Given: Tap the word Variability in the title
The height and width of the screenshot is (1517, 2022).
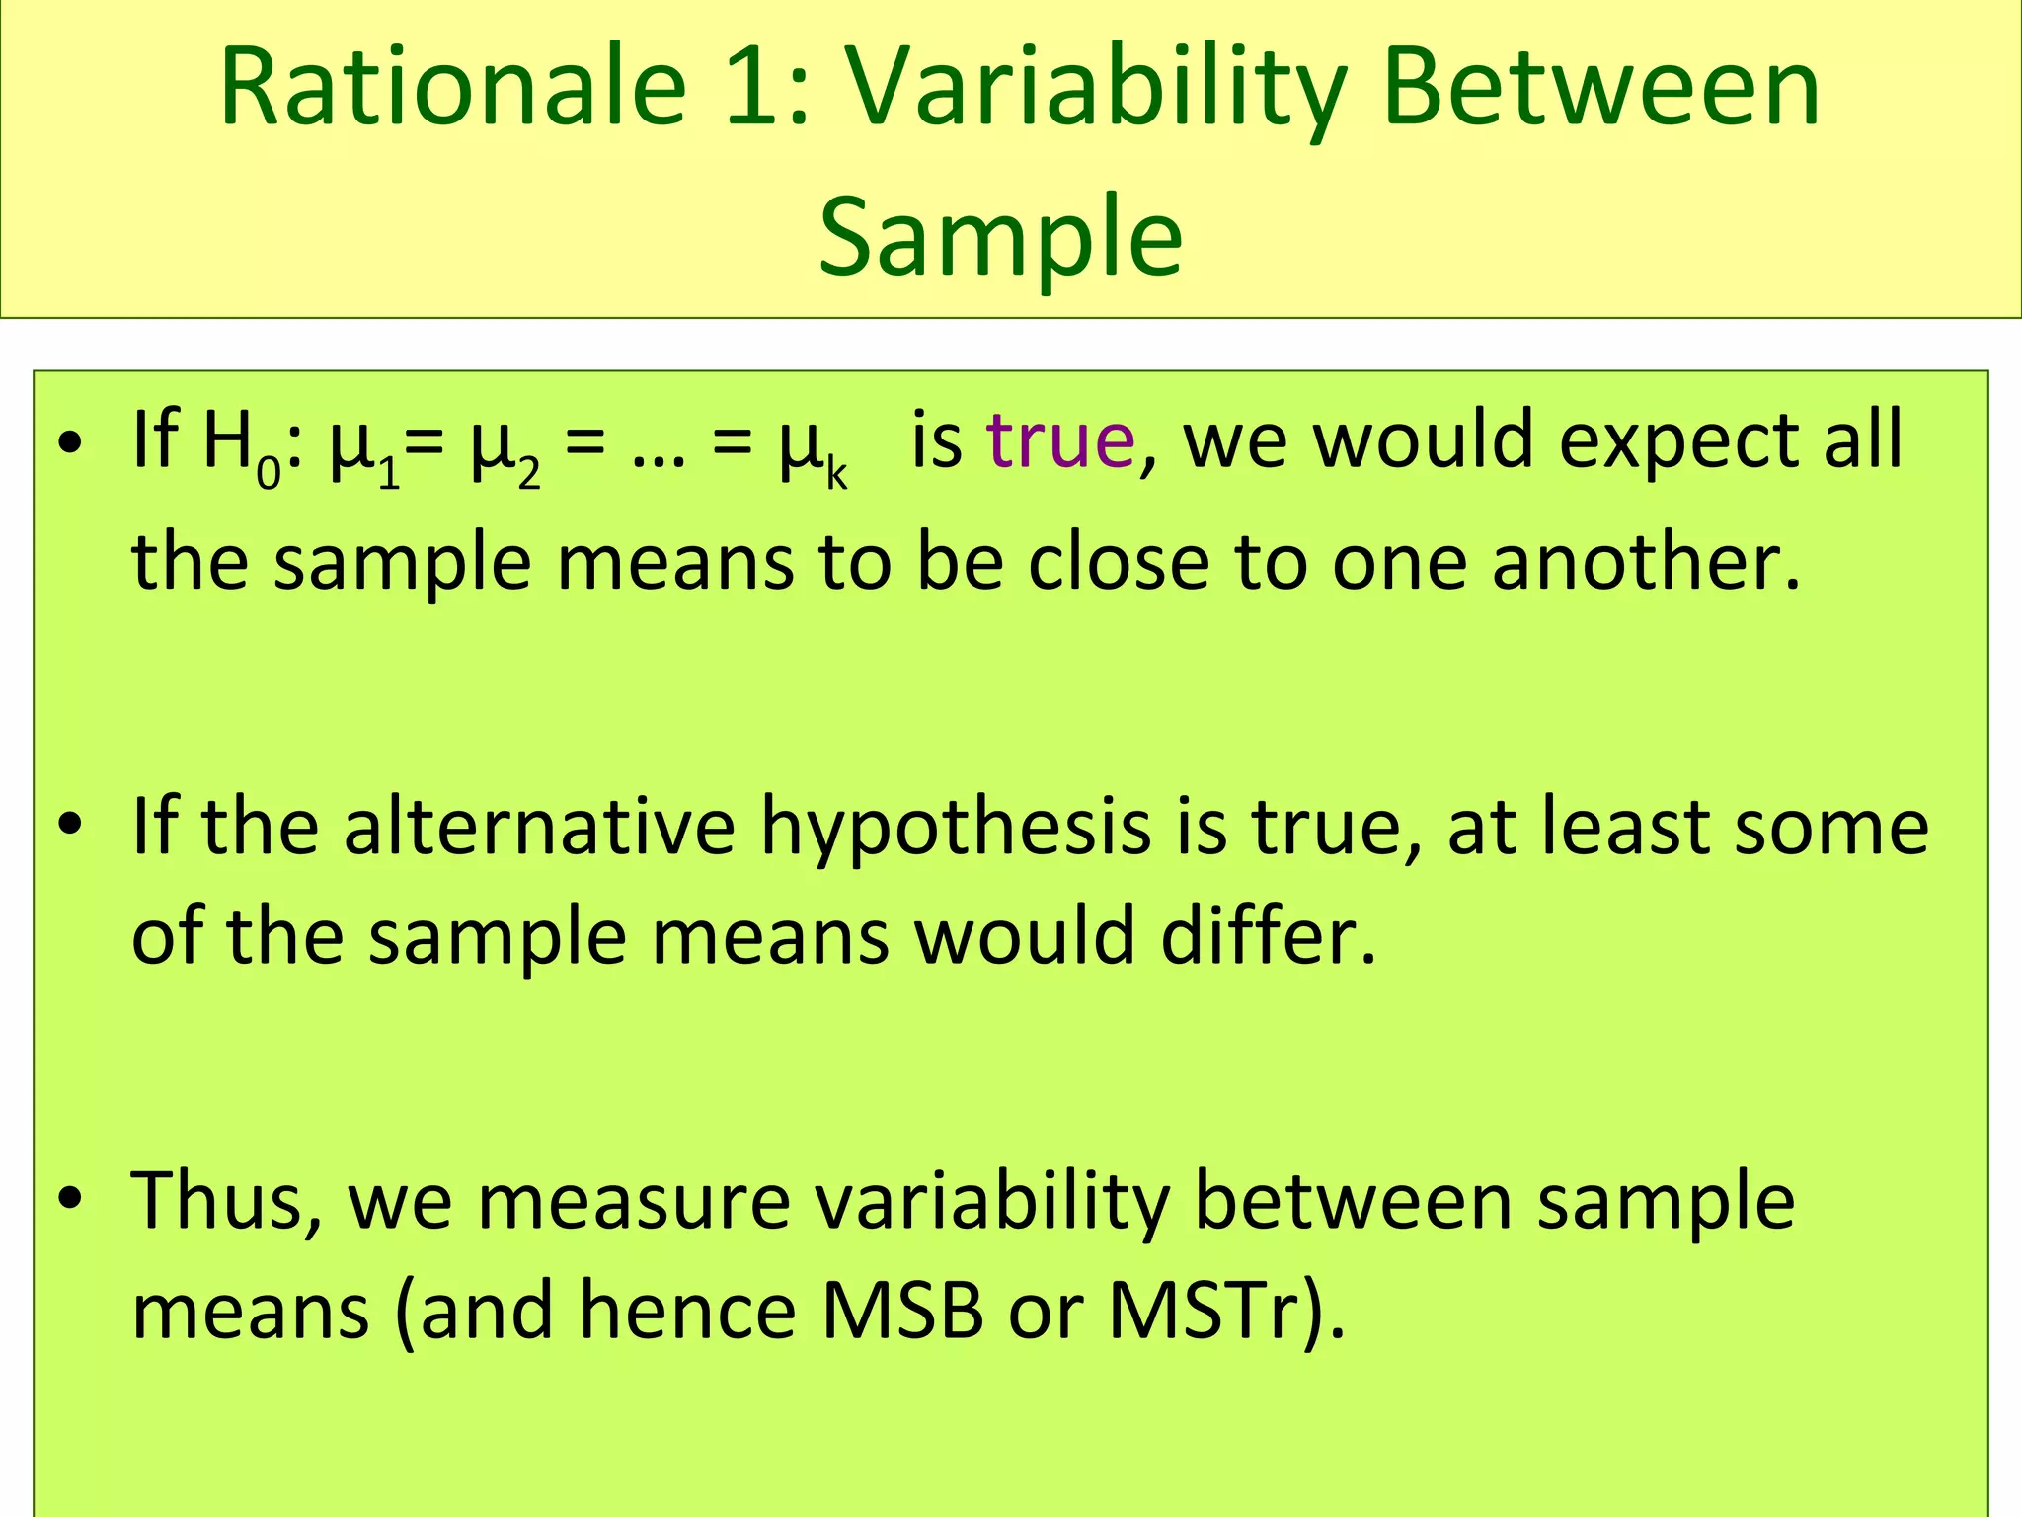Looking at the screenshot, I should pos(1093,91).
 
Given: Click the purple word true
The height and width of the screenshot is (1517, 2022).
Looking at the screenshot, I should pos(1061,440).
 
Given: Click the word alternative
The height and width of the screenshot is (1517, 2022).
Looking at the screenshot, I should pos(539,826).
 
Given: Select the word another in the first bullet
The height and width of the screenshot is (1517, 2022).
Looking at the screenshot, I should pos(1645,563).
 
